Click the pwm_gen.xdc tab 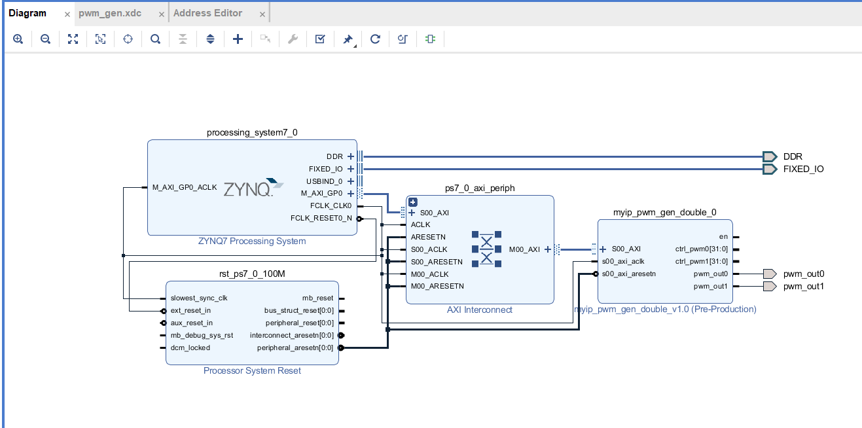[110, 14]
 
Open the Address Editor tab [207, 14]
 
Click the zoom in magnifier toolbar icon [18, 39]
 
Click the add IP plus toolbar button [238, 39]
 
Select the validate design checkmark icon [320, 39]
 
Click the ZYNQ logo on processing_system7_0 [253, 188]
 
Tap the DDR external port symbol [770, 156]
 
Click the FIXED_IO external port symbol [770, 169]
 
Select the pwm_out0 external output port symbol [770, 274]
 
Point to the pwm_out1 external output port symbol [770, 287]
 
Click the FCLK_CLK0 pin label [331, 206]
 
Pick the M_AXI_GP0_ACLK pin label [185, 187]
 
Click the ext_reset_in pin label [190, 311]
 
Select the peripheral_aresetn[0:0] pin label [295, 348]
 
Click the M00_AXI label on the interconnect [524, 249]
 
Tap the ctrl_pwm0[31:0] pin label [702, 249]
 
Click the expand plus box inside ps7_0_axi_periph [413, 202]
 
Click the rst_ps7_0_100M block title [252, 274]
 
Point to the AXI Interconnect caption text [480, 310]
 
